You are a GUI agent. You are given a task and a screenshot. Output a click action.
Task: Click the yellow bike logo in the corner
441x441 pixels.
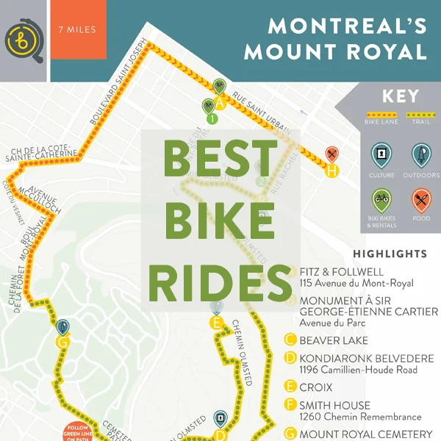[24, 40]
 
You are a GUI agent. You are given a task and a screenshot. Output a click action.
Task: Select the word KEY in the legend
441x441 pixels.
[401, 96]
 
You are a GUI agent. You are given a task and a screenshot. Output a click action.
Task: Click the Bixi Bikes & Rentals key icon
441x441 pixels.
[382, 200]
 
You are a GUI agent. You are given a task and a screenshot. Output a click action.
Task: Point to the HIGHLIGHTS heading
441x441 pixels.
[390, 254]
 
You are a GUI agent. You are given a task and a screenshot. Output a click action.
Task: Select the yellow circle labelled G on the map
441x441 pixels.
[62, 343]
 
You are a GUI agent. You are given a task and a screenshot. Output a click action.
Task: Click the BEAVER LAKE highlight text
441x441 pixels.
[334, 340]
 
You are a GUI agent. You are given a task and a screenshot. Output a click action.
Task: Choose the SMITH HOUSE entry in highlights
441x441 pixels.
[335, 406]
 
